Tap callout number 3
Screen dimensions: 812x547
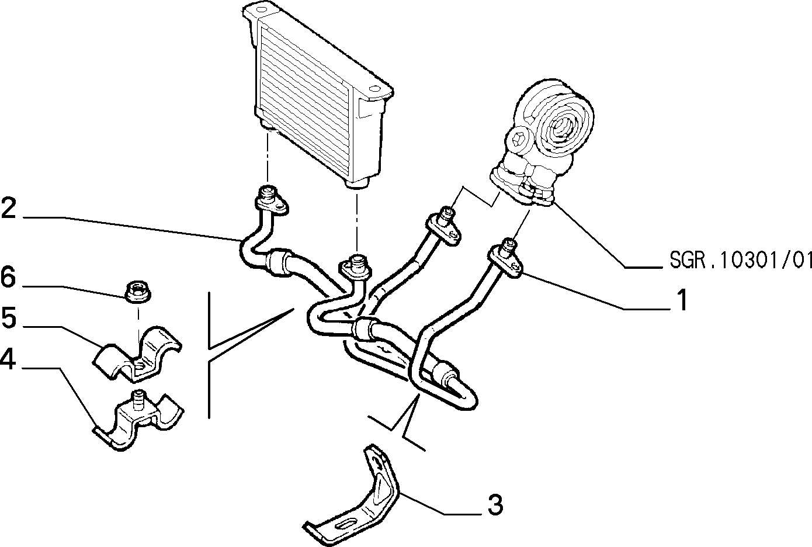point(495,505)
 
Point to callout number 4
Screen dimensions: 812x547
point(8,359)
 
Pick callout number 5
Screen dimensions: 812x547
point(9,318)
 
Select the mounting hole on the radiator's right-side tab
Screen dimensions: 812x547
point(374,88)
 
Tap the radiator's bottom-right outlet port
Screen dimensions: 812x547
point(357,183)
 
